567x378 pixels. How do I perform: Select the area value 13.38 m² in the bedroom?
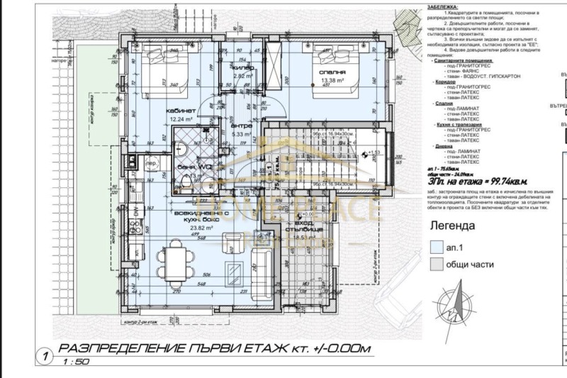[x=333, y=80]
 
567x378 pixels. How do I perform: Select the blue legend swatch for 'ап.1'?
[x=437, y=248]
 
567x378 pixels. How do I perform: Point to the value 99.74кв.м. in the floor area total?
[x=507, y=182]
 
